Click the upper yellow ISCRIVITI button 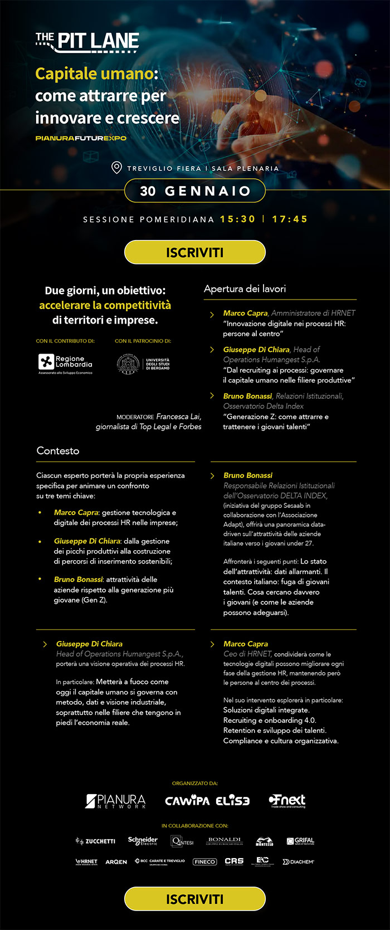[194, 252]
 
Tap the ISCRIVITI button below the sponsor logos [194, 899]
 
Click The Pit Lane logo [87, 41]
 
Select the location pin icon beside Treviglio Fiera [116, 167]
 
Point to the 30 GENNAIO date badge [194, 191]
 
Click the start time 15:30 [237, 219]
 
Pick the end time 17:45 [290, 219]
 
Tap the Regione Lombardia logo [65, 364]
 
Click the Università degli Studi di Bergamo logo [143, 364]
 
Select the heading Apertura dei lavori [245, 288]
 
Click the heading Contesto [58, 451]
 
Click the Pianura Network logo [115, 801]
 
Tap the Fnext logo [287, 801]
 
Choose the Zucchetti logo [95, 841]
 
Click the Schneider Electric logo [143, 841]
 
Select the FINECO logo [204, 862]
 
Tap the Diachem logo [298, 862]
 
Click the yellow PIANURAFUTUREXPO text [81, 138]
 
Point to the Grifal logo [300, 841]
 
